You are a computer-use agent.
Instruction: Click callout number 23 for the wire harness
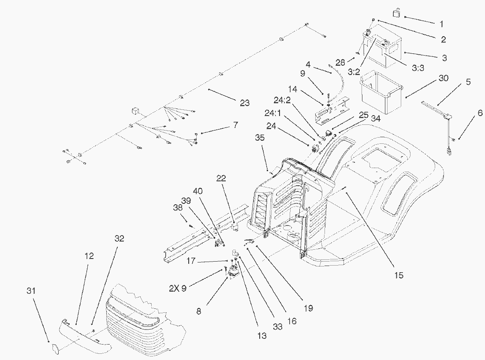pyautogui.click(x=245, y=103)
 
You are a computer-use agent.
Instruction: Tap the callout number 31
pyautogui.click(x=31, y=291)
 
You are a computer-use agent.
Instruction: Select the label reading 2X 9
pyautogui.click(x=178, y=288)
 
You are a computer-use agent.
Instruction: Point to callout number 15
pyautogui.click(x=399, y=275)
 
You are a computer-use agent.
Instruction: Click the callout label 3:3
pyautogui.click(x=418, y=68)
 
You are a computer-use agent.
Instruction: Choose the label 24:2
pyautogui.click(x=282, y=100)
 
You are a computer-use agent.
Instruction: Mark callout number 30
pyautogui.click(x=444, y=78)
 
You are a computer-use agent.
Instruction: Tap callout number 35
pyautogui.click(x=260, y=138)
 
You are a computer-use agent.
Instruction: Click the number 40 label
pyautogui.click(x=198, y=191)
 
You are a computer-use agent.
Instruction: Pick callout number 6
pyautogui.click(x=480, y=113)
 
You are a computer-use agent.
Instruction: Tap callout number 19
pyautogui.click(x=308, y=308)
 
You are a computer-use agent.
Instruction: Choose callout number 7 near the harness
pyautogui.click(x=236, y=125)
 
